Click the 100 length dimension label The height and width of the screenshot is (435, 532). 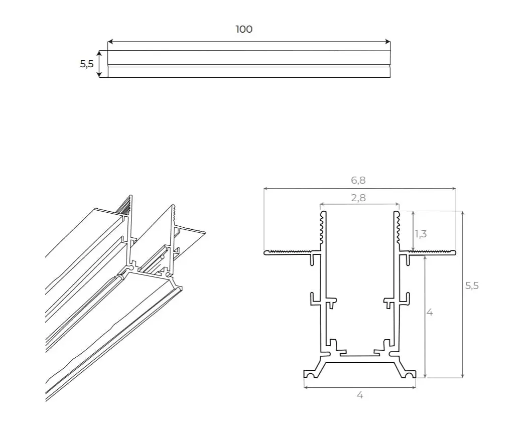tap(244, 29)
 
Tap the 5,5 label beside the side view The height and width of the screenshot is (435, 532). tap(87, 64)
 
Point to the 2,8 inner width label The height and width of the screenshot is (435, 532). tap(358, 198)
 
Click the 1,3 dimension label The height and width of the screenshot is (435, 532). tap(421, 234)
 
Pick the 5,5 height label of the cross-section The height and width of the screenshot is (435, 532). tap(472, 285)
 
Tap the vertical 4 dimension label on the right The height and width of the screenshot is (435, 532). tap(430, 312)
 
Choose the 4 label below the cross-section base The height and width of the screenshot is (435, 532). tap(360, 395)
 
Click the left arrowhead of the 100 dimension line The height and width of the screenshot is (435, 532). tap(110, 42)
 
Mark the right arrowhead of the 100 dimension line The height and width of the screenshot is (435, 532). tap(388, 42)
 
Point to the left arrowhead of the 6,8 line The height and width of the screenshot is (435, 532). tap(266, 189)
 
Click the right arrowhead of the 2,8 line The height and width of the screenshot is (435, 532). tap(397, 205)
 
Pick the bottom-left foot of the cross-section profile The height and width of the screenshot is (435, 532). tap(311, 374)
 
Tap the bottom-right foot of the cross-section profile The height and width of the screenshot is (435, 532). tap(409, 374)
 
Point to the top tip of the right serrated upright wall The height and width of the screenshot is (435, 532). tap(396, 213)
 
